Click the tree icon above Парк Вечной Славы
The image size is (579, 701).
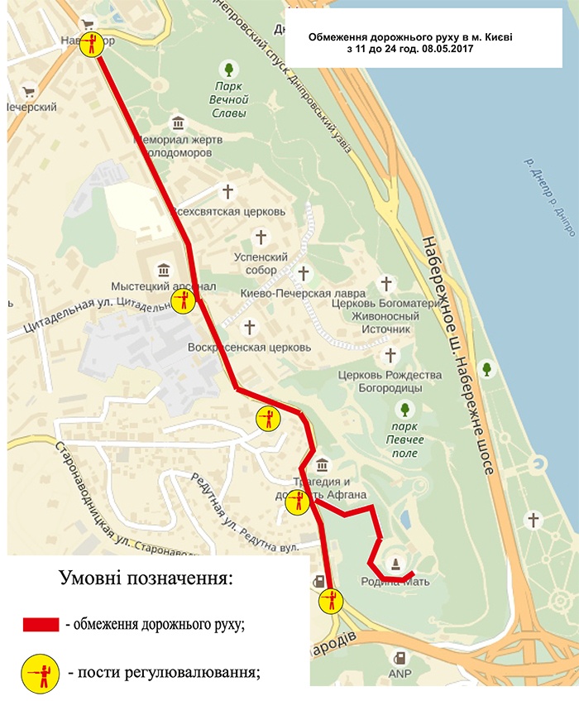229,68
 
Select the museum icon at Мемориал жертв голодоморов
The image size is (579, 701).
178,123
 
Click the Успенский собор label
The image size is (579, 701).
261,263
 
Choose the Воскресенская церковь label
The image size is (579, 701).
249,347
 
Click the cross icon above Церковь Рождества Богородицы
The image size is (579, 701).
391,356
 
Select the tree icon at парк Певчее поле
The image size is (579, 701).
404,409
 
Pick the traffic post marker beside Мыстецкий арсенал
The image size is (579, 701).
184,301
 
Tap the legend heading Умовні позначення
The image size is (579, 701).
146,577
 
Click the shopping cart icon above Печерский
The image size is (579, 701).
30,92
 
